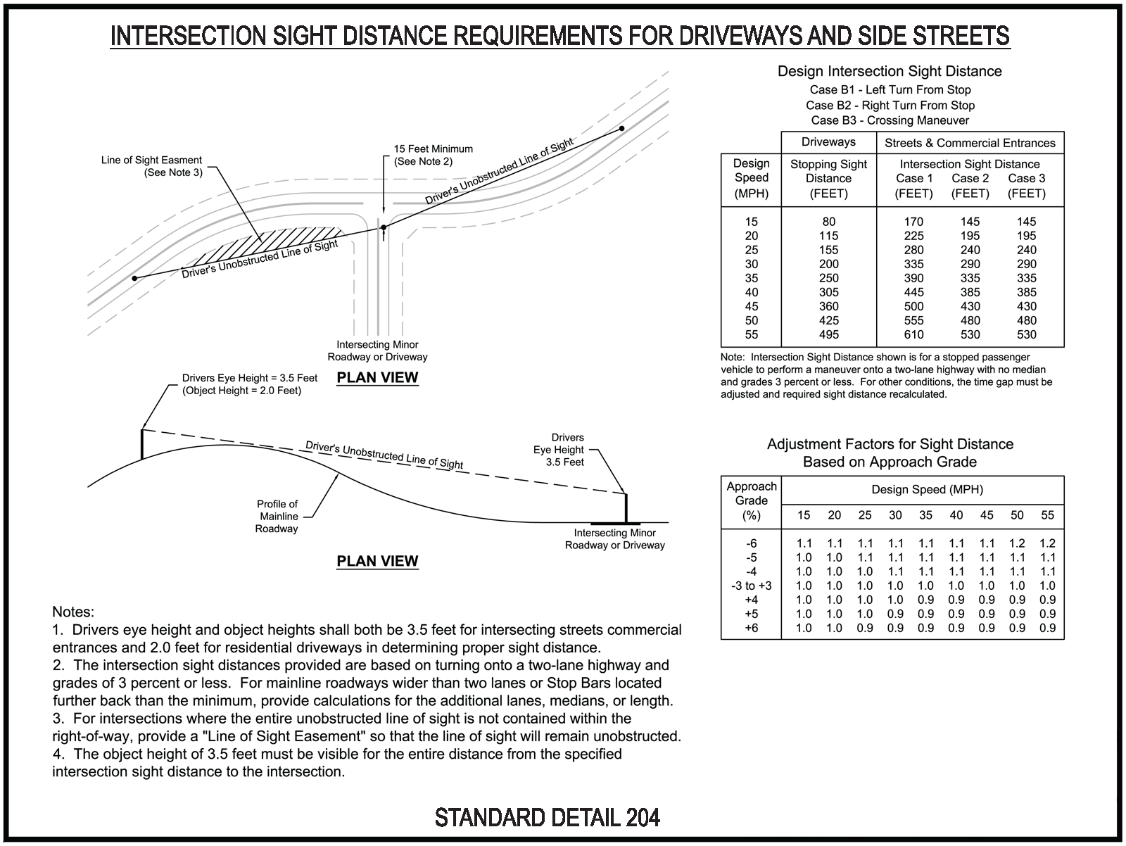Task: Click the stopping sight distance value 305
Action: [828, 292]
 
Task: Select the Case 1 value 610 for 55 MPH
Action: [913, 334]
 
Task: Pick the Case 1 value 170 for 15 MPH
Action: [913, 222]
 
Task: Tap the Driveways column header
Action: [828, 142]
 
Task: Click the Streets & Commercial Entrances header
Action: [970, 143]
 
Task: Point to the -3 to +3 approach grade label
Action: [751, 586]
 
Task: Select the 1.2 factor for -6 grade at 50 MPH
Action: [1017, 543]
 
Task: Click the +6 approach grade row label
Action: [751, 628]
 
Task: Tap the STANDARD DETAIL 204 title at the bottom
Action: [548, 817]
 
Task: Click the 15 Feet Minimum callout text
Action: [433, 149]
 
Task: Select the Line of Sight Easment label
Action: [151, 160]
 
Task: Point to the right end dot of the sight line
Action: [621, 129]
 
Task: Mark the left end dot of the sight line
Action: [134, 279]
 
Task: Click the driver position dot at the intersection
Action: [384, 227]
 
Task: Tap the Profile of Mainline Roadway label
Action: [277, 516]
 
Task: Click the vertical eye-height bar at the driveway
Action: [626, 507]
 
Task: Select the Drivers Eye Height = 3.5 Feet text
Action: [249, 378]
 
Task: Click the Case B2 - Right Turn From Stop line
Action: [890, 106]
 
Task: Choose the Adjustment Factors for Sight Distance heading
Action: [890, 444]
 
